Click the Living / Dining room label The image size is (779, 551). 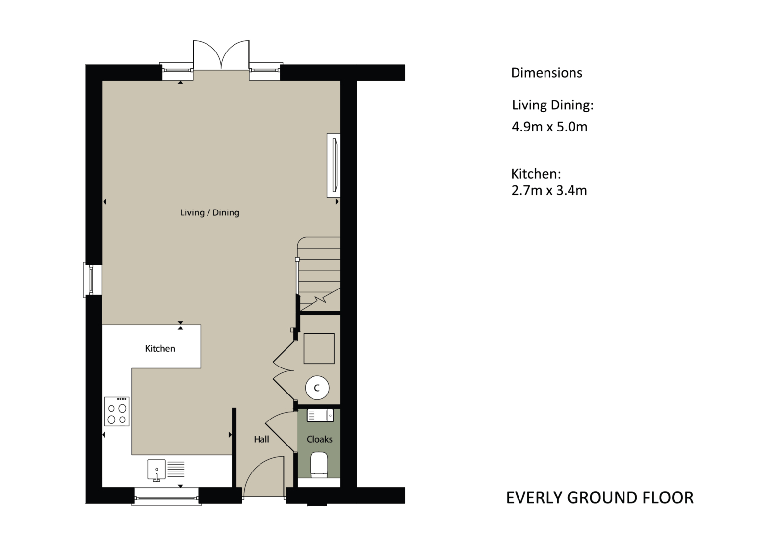pos(209,212)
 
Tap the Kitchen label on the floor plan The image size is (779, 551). pos(160,348)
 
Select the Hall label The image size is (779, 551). pos(261,439)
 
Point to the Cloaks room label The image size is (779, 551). pos(319,439)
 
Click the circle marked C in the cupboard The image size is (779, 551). pos(317,388)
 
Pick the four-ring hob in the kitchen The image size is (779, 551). pos(117,412)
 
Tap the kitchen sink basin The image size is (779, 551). pos(156,470)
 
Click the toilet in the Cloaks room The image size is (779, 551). pos(319,465)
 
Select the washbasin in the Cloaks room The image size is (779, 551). pos(320,416)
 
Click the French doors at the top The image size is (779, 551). pos(221,55)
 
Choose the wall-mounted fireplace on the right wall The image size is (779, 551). pos(334,165)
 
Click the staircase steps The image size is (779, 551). pos(318,274)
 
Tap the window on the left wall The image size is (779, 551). pos(92,280)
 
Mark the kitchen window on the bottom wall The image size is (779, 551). pos(167,497)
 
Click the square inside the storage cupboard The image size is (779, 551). pos(319,348)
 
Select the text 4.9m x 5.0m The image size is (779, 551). pos(549,127)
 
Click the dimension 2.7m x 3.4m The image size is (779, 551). pos(549,191)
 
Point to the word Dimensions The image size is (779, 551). pos(546,73)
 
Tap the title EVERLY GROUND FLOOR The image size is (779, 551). pos(600,498)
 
